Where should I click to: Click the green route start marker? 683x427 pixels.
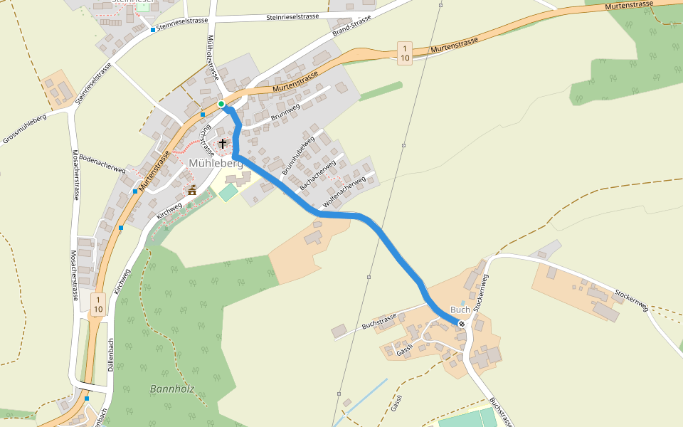tap(221, 105)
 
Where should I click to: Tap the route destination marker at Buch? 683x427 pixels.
tap(462, 324)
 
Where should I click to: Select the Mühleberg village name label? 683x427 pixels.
tap(216, 163)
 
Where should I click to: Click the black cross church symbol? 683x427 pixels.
tap(223, 144)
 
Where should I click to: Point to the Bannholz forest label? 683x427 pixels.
tap(172, 389)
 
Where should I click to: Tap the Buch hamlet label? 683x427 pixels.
tap(460, 310)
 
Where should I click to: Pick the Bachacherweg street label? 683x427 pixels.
tap(318, 175)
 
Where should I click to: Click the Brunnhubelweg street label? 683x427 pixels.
tap(298, 157)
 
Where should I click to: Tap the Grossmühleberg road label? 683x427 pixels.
tap(24, 128)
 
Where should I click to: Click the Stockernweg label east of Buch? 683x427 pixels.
tap(632, 299)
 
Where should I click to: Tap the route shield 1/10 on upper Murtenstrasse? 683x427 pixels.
tap(404, 52)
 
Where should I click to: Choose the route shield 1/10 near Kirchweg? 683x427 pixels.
tap(98, 304)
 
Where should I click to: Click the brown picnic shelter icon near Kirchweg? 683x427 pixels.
tap(191, 190)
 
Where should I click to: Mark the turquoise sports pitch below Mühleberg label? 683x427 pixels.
tap(229, 192)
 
